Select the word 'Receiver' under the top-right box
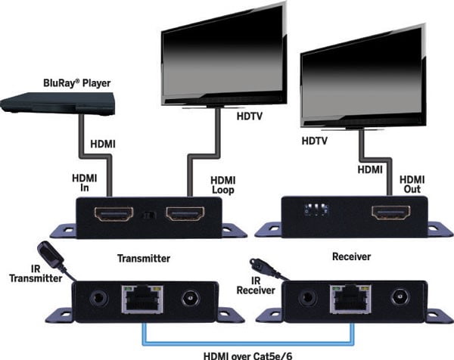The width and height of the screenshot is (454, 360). pyautogui.click(x=353, y=257)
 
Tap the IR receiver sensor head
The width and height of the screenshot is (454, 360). pyautogui.click(x=260, y=265)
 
